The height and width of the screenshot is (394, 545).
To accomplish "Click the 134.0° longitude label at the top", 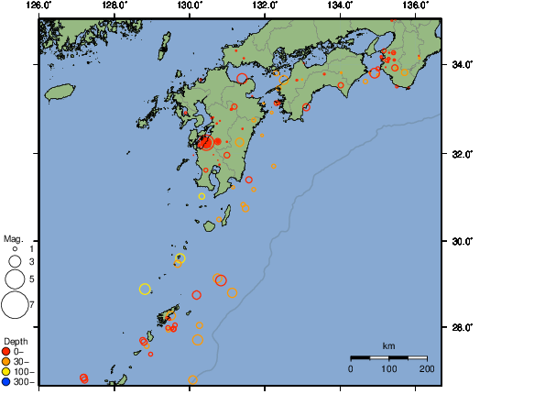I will click(x=340, y=5).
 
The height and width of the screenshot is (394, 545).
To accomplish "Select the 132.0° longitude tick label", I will click(x=265, y=5).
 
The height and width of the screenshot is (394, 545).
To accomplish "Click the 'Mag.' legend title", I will click(x=13, y=237).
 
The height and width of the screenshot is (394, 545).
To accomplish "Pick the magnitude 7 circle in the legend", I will click(x=14, y=303).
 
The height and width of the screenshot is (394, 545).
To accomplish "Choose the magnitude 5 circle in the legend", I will click(x=14, y=279).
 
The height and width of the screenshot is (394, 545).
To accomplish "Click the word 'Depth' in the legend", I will click(x=16, y=342).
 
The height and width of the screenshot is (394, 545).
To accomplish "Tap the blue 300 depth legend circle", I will click(x=6, y=381).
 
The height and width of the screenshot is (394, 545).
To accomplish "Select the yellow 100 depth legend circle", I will click(x=6, y=371).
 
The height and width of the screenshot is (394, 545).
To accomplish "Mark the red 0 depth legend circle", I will click(x=6, y=352).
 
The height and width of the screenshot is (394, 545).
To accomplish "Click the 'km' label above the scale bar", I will click(x=388, y=345).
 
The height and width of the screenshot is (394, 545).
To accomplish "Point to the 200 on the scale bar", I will click(x=427, y=368).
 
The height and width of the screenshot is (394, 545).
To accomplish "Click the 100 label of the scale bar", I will click(x=388, y=368).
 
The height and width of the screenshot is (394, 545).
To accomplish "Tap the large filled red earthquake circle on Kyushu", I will click(x=205, y=142).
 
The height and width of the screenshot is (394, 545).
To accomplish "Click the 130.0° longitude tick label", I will click(x=190, y=5).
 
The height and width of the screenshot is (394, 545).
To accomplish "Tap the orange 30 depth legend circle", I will click(x=6, y=362).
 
